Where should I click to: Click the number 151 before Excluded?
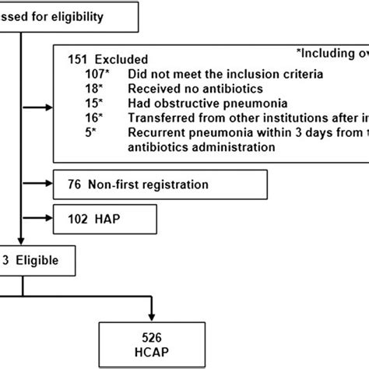coord(72,59)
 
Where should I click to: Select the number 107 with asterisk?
coord(85,73)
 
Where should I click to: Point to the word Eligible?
coord(39,256)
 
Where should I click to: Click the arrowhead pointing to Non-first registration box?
coord(49,184)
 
